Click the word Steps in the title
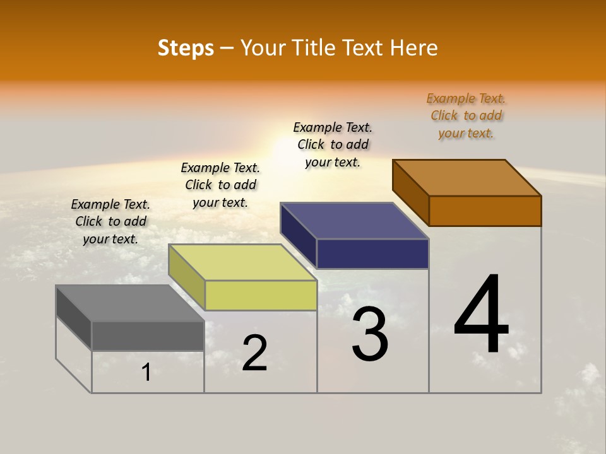[186, 48]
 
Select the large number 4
[481, 315]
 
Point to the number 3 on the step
[370, 334]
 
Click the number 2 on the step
[254, 353]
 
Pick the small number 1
[146, 373]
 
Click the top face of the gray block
[130, 303]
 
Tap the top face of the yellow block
[242, 262]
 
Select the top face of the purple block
[355, 221]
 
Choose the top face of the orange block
[467, 178]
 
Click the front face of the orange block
[485, 211]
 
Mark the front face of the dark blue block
[372, 253]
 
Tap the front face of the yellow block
[261, 295]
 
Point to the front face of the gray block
[148, 335]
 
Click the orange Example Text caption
[466, 116]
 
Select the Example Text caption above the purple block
[333, 144]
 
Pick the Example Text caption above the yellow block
[220, 185]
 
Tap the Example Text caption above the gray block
[110, 221]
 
